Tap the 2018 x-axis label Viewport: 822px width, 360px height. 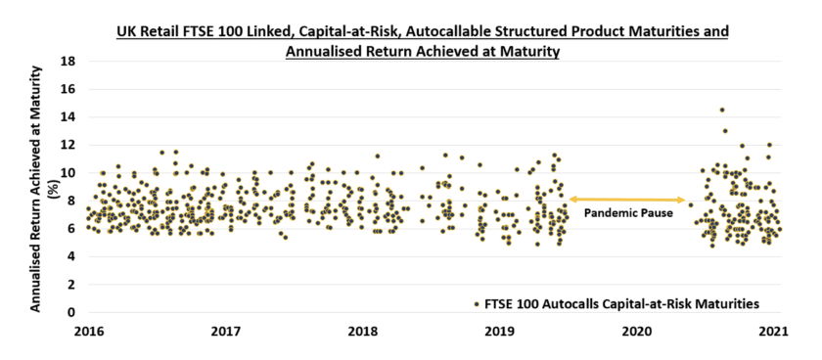click(x=363, y=331)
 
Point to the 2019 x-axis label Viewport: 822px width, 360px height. click(x=500, y=331)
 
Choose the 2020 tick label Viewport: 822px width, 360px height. click(x=637, y=331)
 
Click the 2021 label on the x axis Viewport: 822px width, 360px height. click(x=774, y=331)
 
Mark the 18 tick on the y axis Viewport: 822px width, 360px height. click(x=68, y=61)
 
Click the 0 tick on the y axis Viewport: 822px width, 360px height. click(x=72, y=313)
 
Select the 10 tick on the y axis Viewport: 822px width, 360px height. click(x=68, y=173)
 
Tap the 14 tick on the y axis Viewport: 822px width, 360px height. click(x=68, y=116)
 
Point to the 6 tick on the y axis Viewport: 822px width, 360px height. click(x=72, y=229)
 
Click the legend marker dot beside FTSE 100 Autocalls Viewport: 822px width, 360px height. click(x=477, y=303)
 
